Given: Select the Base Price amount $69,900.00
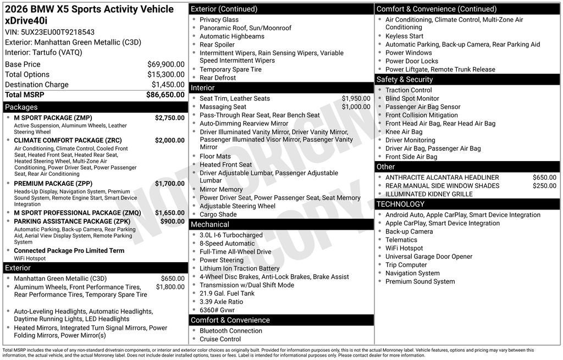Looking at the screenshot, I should [x=165, y=64].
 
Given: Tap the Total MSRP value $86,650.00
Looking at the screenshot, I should [x=165, y=95].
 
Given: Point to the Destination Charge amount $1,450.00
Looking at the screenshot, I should [x=168, y=85].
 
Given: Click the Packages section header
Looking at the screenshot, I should [x=21, y=107].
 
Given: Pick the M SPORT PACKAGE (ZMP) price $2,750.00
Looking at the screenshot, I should [x=169, y=118].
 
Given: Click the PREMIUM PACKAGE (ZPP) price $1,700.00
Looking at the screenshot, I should [x=169, y=184].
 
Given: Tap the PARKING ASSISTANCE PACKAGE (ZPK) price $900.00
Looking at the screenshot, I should [x=172, y=221].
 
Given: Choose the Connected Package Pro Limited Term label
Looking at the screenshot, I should [x=69, y=251].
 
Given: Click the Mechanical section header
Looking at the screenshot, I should [x=209, y=224].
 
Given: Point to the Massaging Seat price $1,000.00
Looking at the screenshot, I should [x=356, y=107].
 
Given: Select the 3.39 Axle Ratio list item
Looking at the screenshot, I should [x=221, y=302].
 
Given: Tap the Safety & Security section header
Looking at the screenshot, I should [x=404, y=80].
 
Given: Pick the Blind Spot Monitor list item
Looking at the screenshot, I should [x=412, y=98].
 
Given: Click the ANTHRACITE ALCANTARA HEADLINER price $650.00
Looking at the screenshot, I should [x=544, y=178].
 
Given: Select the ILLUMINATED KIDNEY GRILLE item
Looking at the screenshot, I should [x=429, y=194].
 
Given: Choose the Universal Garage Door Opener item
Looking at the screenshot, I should [x=428, y=257].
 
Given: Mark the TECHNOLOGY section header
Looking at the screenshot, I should [x=400, y=204].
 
